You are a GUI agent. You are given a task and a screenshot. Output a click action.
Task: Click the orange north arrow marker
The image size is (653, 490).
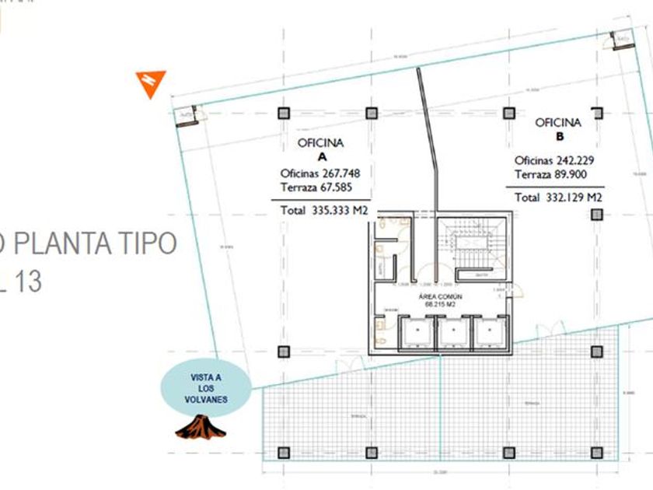151,83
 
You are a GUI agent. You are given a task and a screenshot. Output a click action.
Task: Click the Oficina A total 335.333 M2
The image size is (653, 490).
320,210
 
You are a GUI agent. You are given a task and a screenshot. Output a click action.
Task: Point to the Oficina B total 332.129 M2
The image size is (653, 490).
558,198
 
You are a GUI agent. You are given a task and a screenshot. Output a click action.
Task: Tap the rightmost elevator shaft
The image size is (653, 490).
488,332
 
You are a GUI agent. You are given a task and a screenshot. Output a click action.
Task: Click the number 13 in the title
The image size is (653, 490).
27,281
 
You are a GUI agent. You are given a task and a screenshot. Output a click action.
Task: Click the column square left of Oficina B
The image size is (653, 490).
509,113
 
